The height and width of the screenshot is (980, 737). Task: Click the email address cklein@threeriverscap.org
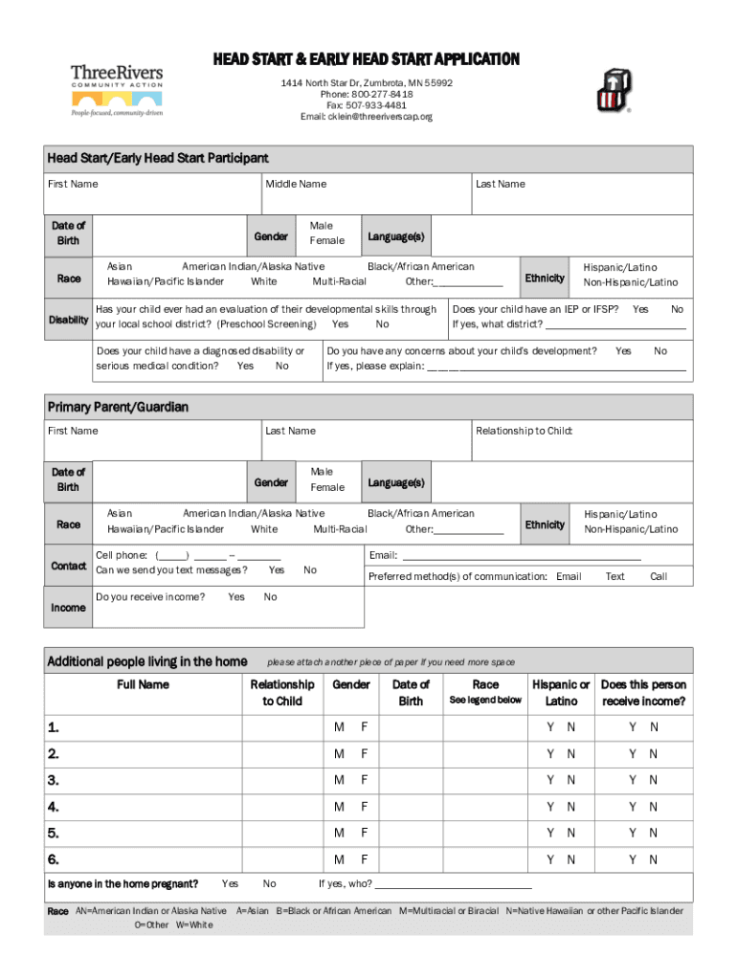point(367,117)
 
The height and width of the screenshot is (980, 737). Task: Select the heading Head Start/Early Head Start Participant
point(158,158)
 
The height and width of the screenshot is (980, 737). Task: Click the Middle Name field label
point(296,184)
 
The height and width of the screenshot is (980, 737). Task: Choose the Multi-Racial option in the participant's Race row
point(339,282)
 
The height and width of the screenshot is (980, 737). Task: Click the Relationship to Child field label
point(524,431)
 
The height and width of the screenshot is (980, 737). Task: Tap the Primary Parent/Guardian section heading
point(118,407)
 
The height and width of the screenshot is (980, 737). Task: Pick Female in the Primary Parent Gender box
point(327,488)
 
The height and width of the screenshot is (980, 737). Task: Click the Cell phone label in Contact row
point(122,555)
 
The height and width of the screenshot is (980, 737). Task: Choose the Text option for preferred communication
point(614,576)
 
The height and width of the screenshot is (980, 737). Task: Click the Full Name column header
point(143,684)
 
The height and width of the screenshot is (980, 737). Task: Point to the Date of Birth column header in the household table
point(411,693)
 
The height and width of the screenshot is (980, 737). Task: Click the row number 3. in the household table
point(54,780)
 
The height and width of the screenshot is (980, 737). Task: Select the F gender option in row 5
point(364,834)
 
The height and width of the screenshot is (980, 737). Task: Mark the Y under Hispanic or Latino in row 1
point(550,727)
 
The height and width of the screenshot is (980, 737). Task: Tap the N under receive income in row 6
point(654,860)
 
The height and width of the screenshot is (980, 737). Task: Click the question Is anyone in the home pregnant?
point(123,883)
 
